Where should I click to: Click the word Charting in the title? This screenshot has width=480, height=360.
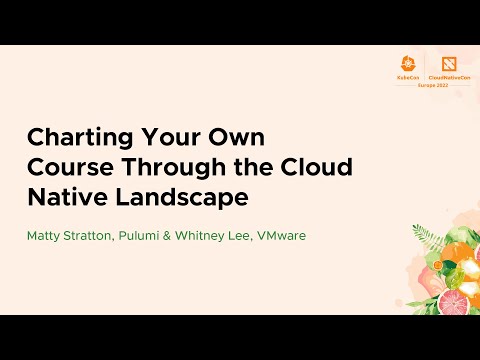(x=74, y=138)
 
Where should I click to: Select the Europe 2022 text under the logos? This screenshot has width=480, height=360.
(x=429, y=83)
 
